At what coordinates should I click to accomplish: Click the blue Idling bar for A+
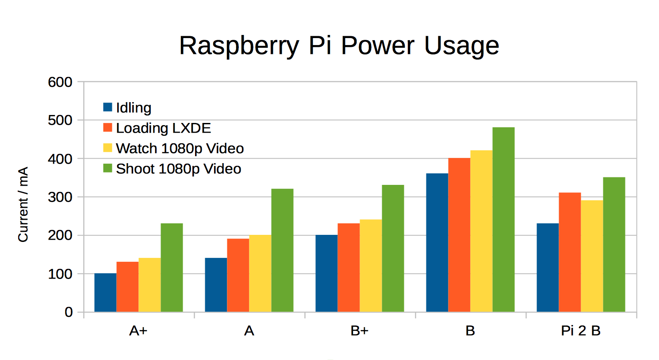(105, 292)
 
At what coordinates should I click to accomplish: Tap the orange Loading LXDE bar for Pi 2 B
(570, 252)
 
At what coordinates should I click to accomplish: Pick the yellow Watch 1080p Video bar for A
(260, 273)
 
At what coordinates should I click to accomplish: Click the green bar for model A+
(172, 268)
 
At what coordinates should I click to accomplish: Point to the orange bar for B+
(349, 268)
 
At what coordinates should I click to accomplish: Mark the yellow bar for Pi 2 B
(592, 256)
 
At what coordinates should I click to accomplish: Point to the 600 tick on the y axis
(60, 82)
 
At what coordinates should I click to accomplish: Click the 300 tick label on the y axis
(60, 197)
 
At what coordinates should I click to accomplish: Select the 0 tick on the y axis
(69, 312)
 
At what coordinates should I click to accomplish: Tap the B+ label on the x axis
(360, 331)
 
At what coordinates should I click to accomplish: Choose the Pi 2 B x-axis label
(581, 331)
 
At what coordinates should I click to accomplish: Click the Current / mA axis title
(23, 204)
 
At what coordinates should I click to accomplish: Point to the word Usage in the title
(462, 46)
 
